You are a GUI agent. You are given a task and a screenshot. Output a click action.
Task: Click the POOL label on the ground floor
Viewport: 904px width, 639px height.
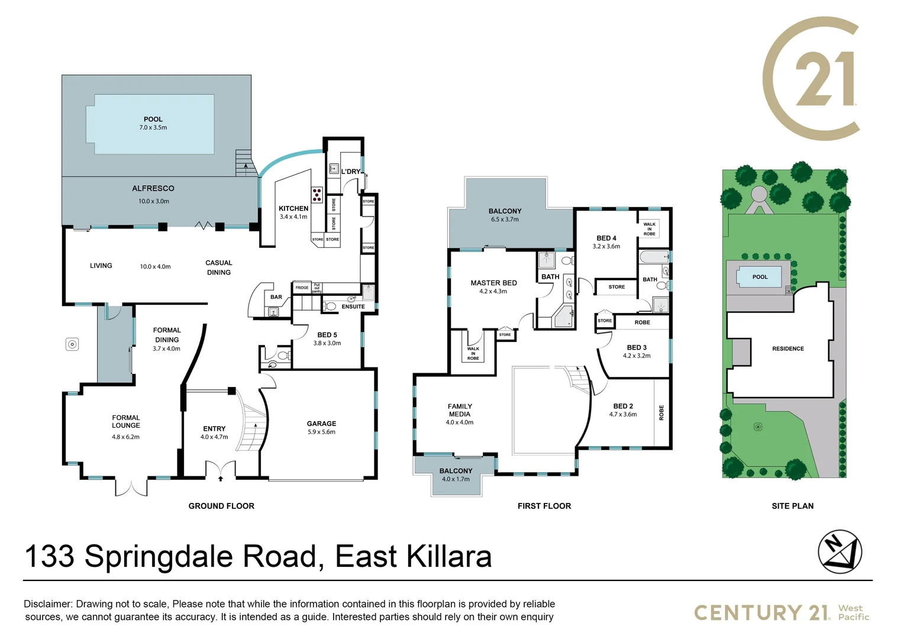point(153,119)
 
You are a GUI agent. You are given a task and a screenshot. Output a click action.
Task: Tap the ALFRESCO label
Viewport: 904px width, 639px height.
point(153,188)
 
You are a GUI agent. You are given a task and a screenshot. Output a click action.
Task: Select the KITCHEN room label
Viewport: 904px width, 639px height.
point(293,208)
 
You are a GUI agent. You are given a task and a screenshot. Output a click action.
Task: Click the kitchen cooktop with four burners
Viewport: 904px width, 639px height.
point(317,195)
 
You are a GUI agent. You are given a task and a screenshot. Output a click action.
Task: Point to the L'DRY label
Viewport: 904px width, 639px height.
point(350,172)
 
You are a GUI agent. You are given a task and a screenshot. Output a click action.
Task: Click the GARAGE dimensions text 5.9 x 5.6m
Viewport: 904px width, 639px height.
point(321,432)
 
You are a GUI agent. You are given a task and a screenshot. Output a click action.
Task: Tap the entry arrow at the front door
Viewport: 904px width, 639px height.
point(221,478)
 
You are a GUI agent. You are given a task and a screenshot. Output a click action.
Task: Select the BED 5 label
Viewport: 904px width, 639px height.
point(327,335)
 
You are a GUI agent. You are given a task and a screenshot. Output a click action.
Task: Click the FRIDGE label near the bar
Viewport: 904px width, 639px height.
point(302,288)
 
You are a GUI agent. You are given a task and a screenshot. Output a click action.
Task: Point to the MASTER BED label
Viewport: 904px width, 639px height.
point(493,283)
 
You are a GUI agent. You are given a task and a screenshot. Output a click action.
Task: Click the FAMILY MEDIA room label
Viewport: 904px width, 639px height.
point(460,410)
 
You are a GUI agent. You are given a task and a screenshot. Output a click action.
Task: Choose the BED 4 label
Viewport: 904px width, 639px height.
point(606,238)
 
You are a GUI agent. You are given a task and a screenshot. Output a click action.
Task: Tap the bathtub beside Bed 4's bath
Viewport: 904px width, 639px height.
point(653,257)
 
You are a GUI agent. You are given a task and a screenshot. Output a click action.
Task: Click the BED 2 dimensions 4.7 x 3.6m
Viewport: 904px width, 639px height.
point(623,414)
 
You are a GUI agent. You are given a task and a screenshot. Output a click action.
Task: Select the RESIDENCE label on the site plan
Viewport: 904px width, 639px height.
point(787,348)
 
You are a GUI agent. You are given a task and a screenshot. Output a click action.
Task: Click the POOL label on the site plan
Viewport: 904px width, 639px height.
point(760,277)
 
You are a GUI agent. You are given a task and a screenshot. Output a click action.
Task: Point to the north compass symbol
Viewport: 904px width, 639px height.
point(840,551)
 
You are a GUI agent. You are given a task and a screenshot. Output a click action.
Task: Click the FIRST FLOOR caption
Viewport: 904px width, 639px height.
point(544,506)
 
